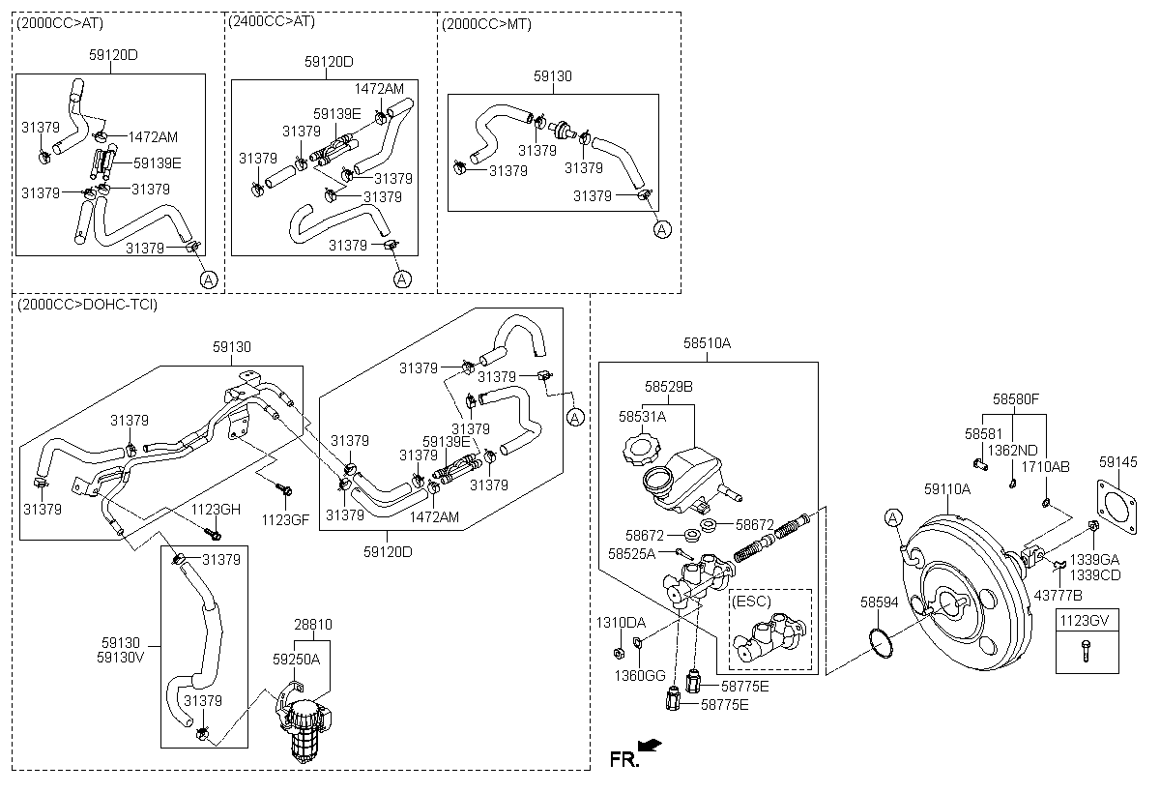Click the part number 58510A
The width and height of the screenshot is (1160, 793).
(707, 343)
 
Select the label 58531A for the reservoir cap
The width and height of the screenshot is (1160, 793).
(642, 417)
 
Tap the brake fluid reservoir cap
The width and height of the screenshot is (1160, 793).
(642, 450)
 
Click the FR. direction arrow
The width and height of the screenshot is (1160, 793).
(650, 746)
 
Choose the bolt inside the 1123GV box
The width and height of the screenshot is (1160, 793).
(1086, 651)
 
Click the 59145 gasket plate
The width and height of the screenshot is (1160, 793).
(1117, 506)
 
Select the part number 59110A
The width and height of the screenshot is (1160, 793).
(947, 489)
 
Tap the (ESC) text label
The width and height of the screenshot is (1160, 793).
(751, 601)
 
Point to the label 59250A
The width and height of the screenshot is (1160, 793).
(296, 659)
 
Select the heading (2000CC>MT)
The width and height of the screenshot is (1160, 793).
(486, 24)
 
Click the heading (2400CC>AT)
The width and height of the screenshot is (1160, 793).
(272, 21)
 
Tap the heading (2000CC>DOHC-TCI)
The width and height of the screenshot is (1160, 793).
(87, 304)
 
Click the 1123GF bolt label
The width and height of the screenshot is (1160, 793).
(285, 519)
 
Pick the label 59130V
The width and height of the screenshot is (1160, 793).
(121, 658)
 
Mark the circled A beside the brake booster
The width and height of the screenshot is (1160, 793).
(893, 517)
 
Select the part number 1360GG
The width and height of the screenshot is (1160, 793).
(640, 675)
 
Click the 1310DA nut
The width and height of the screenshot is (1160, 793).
(618, 653)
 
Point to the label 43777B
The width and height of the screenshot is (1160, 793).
(1058, 596)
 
